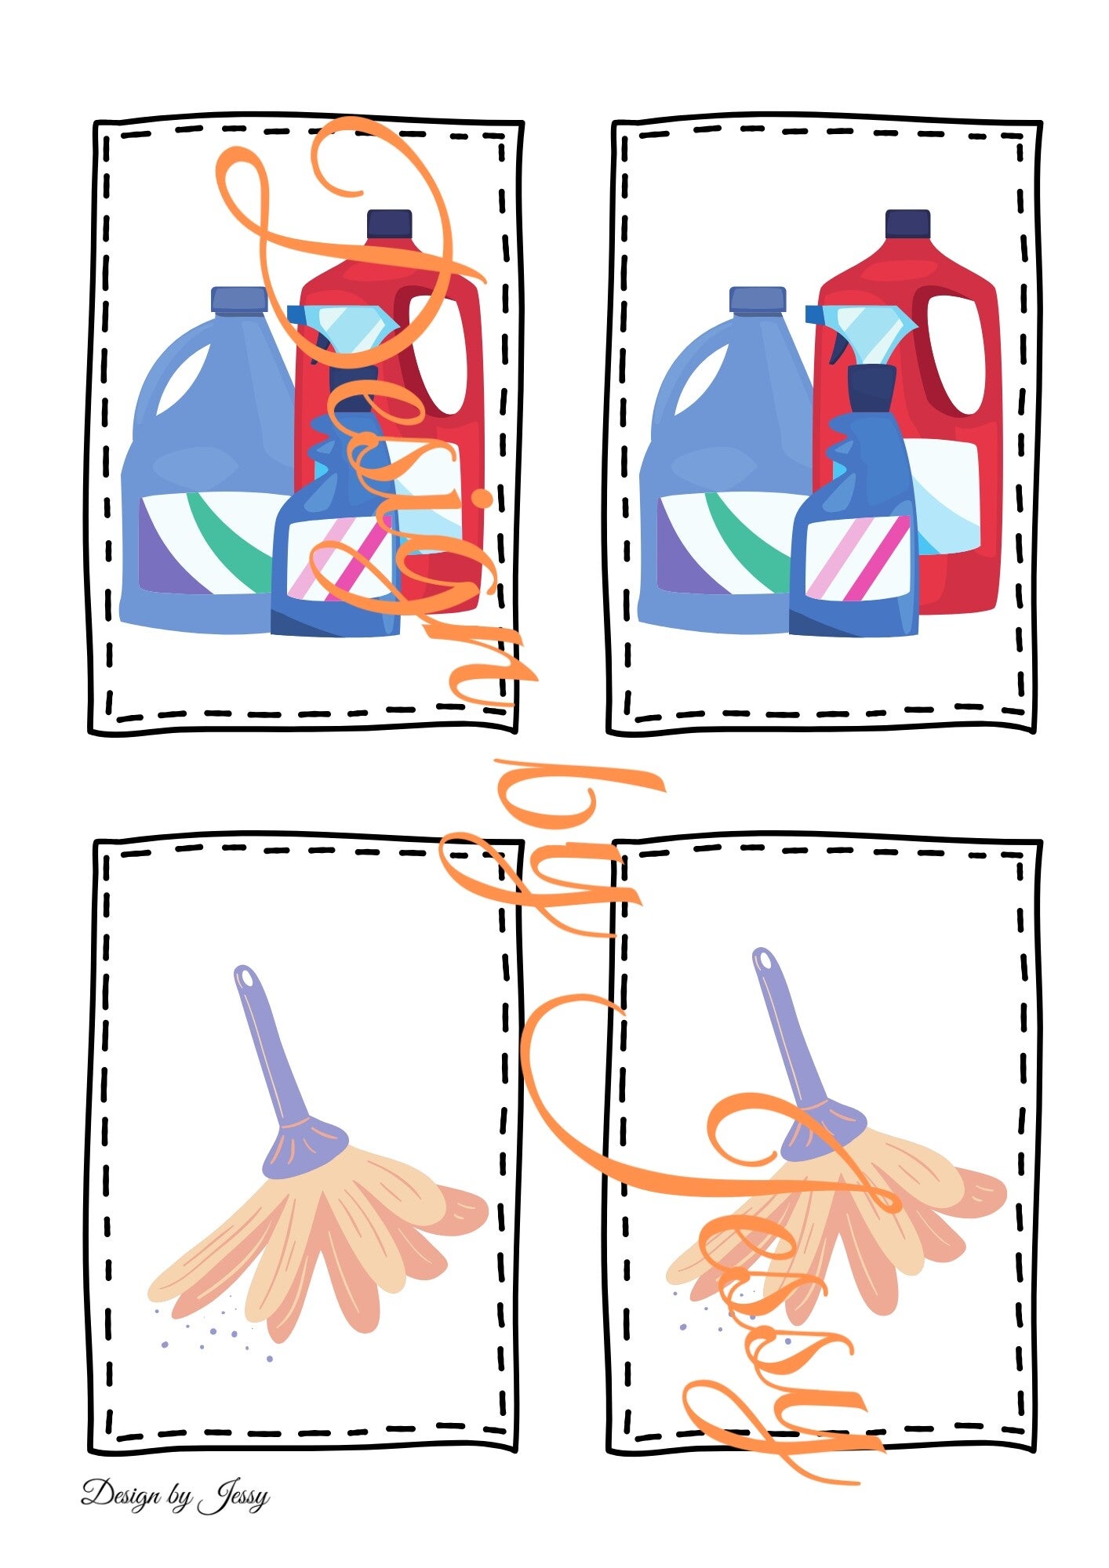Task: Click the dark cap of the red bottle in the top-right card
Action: [907, 223]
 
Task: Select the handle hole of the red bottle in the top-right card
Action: [959, 354]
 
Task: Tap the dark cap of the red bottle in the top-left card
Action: [390, 223]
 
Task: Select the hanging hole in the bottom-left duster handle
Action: [246, 978]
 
